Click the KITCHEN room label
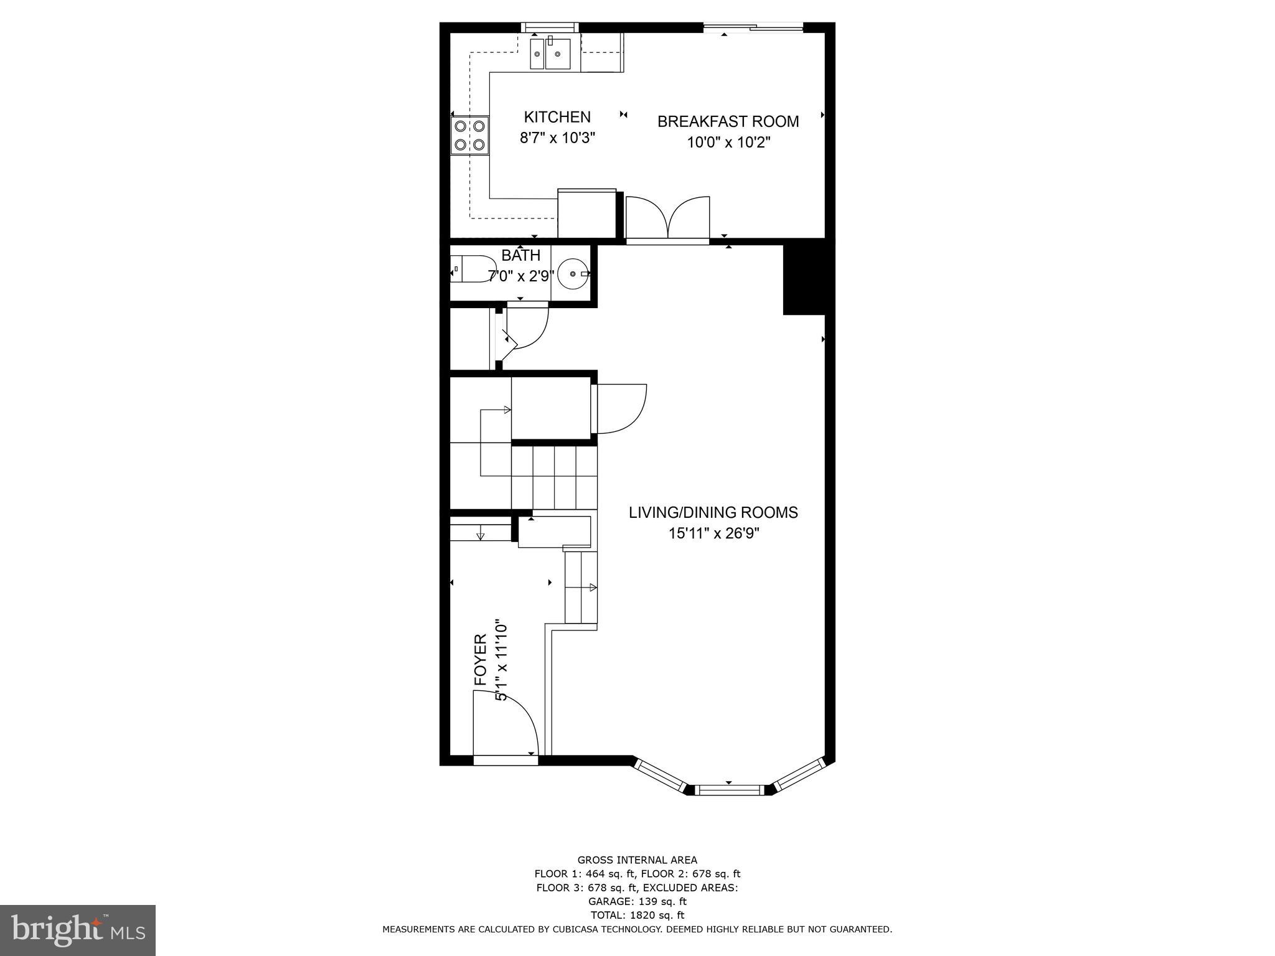pyautogui.click(x=557, y=117)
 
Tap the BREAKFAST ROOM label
pyautogui.click(x=728, y=121)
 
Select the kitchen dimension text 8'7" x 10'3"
pyautogui.click(x=558, y=138)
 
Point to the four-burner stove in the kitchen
pyautogui.click(x=469, y=135)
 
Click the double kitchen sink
pyautogui.click(x=550, y=54)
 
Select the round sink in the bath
pyautogui.click(x=573, y=274)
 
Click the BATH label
pyautogui.click(x=520, y=255)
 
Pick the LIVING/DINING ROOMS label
pyautogui.click(x=713, y=512)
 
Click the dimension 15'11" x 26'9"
pyautogui.click(x=713, y=533)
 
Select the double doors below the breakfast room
pyautogui.click(x=667, y=218)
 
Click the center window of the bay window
pyautogui.click(x=729, y=790)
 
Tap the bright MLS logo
pyautogui.click(x=78, y=930)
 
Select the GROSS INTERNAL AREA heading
pyautogui.click(x=637, y=860)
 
